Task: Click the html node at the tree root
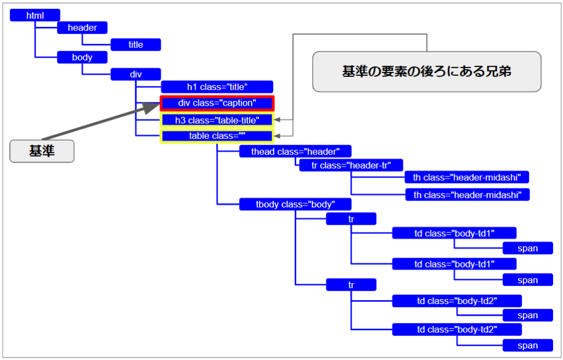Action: (x=35, y=15)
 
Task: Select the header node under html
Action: (x=82, y=27)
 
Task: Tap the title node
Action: (x=135, y=45)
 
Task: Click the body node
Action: (x=82, y=57)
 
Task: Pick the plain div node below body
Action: (x=135, y=74)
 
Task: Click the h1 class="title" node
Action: (x=217, y=87)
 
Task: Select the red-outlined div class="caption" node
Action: (x=217, y=103)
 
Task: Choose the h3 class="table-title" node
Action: (x=217, y=120)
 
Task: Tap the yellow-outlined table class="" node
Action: (x=217, y=136)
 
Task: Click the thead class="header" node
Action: (x=295, y=152)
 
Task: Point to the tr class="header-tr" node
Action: (x=351, y=165)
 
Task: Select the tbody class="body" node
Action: (x=295, y=204)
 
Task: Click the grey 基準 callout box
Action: (x=42, y=151)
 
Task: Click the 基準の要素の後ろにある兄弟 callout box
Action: (x=427, y=71)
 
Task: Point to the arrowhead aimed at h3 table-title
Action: (x=280, y=120)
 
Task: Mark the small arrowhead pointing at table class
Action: (x=280, y=136)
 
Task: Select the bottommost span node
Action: (x=527, y=346)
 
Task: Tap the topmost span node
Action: (x=527, y=248)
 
